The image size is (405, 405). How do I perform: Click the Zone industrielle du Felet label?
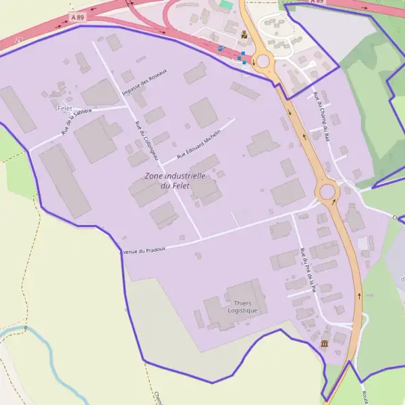[175, 180]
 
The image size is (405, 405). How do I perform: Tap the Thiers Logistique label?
[242, 306]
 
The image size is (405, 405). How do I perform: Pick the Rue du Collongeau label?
[146, 140]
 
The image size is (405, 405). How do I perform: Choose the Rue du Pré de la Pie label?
[308, 269]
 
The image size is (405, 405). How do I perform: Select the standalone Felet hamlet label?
[65, 108]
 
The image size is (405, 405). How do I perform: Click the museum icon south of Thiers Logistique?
[325, 344]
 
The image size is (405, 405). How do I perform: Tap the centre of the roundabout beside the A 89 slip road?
[263, 62]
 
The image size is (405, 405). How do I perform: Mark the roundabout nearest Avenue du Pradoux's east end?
[328, 192]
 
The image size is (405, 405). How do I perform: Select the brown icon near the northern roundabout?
[244, 34]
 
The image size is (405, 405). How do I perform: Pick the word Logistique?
[242, 310]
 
